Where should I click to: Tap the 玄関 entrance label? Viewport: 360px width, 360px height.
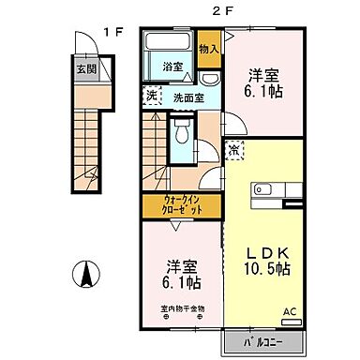86,67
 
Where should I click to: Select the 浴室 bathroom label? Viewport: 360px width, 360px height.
172,67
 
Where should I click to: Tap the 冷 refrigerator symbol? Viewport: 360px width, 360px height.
233,150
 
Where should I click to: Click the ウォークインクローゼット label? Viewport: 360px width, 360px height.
181,205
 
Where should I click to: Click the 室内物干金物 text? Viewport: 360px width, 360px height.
177,308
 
